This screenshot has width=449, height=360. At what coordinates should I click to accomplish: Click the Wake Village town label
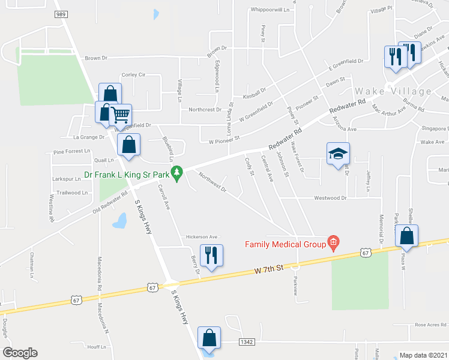pyautogui.click(x=393, y=91)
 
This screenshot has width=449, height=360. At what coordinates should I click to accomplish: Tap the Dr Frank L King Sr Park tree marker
pyautogui.click(x=176, y=176)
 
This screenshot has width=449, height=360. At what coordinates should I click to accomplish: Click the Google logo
pyautogui.click(x=20, y=352)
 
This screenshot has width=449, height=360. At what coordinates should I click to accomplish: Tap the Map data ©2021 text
pyautogui.click(x=423, y=355)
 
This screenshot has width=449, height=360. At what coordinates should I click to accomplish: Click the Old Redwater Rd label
pyautogui.click(x=110, y=203)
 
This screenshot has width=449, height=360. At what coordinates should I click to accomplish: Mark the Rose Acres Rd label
pyautogui.click(x=429, y=325)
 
